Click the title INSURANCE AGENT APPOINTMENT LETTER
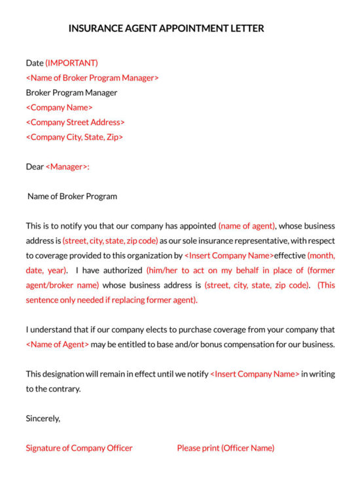coord(166,29)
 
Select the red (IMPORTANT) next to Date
coord(71,63)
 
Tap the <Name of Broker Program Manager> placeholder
coord(92,78)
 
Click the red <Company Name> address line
coord(59,107)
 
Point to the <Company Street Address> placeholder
coord(75,122)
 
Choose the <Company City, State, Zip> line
coord(74,137)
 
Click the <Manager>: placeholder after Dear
coord(67,166)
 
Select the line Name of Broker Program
coord(72,196)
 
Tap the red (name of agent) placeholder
coord(247,226)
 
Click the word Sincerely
coord(43,418)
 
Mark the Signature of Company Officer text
coord(79,448)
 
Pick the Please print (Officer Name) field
coord(225,448)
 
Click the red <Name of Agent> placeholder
coord(57,344)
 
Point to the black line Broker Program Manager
coord(71,92)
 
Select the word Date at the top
coord(34,63)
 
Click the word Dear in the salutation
coord(35,166)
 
